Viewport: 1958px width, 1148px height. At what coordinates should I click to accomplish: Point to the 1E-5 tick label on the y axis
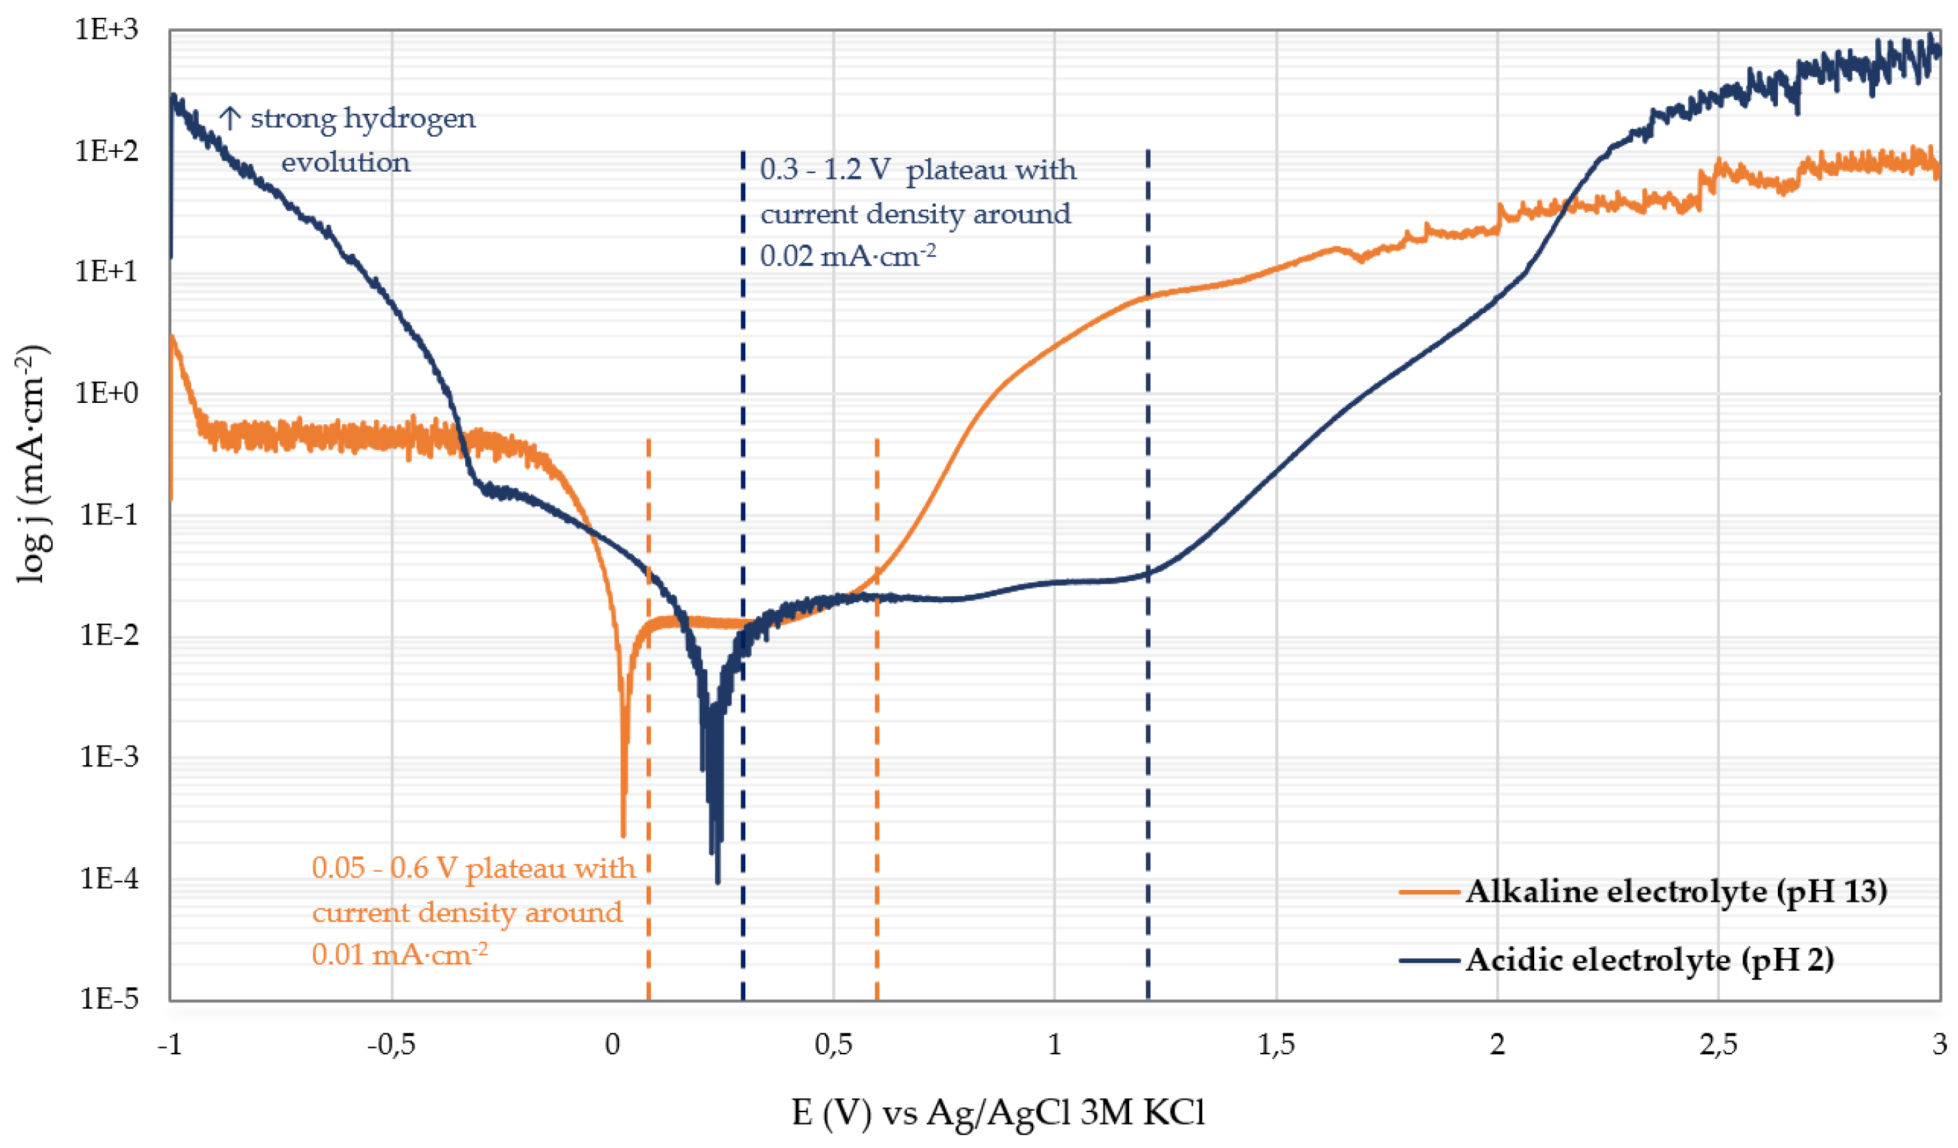[109, 998]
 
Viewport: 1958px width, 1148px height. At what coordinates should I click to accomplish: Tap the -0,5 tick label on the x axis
[391, 1045]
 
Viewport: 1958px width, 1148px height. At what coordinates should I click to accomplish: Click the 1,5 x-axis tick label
[1276, 1045]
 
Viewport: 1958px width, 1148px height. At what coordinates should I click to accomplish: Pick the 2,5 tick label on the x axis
[1718, 1045]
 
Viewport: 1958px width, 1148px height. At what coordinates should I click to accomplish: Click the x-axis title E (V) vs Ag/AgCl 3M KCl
[998, 1113]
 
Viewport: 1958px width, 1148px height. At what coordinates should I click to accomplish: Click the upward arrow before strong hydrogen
[229, 119]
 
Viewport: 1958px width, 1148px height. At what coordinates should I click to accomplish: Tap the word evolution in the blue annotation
[345, 163]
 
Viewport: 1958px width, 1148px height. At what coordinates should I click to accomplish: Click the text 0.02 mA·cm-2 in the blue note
[847, 255]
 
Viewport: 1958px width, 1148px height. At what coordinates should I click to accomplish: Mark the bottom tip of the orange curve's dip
[623, 834]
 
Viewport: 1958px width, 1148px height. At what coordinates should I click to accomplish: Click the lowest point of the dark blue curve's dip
[717, 882]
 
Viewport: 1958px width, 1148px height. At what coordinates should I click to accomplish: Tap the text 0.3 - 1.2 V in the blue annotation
[824, 169]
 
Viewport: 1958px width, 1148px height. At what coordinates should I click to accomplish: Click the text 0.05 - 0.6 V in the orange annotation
[384, 868]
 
